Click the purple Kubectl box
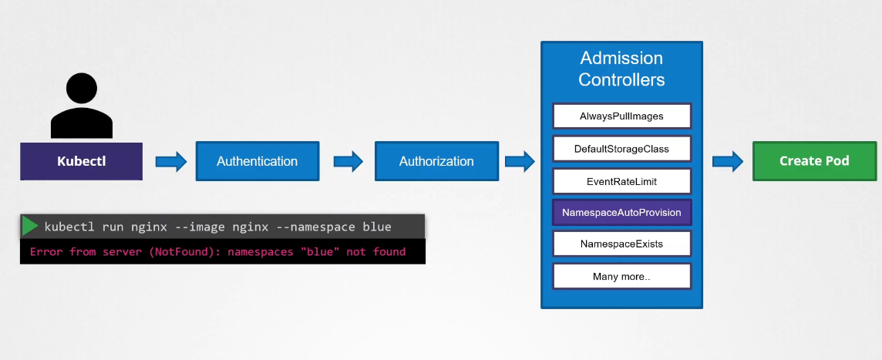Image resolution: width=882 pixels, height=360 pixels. [81, 161]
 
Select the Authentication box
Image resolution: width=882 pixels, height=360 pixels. [257, 161]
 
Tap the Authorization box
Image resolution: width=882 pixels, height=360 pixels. [436, 161]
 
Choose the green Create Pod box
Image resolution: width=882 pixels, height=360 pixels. [814, 160]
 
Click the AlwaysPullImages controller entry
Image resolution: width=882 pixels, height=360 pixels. [621, 116]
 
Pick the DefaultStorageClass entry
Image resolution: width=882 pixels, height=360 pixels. [621, 148]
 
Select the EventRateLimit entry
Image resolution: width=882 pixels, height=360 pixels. [621, 180]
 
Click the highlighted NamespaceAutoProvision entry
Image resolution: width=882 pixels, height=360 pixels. [621, 212]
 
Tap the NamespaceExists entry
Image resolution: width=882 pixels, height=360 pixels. [621, 244]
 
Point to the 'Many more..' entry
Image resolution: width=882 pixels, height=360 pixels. [621, 276]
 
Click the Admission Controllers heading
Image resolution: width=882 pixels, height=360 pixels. [621, 69]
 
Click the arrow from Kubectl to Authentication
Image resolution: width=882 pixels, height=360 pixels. [171, 161]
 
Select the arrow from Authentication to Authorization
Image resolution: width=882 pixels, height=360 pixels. [348, 161]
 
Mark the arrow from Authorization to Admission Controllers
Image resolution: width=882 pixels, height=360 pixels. [520, 161]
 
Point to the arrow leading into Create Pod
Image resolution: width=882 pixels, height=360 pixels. [727, 161]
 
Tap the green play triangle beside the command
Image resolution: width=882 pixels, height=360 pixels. [30, 226]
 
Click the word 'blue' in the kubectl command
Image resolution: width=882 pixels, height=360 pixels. [375, 227]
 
